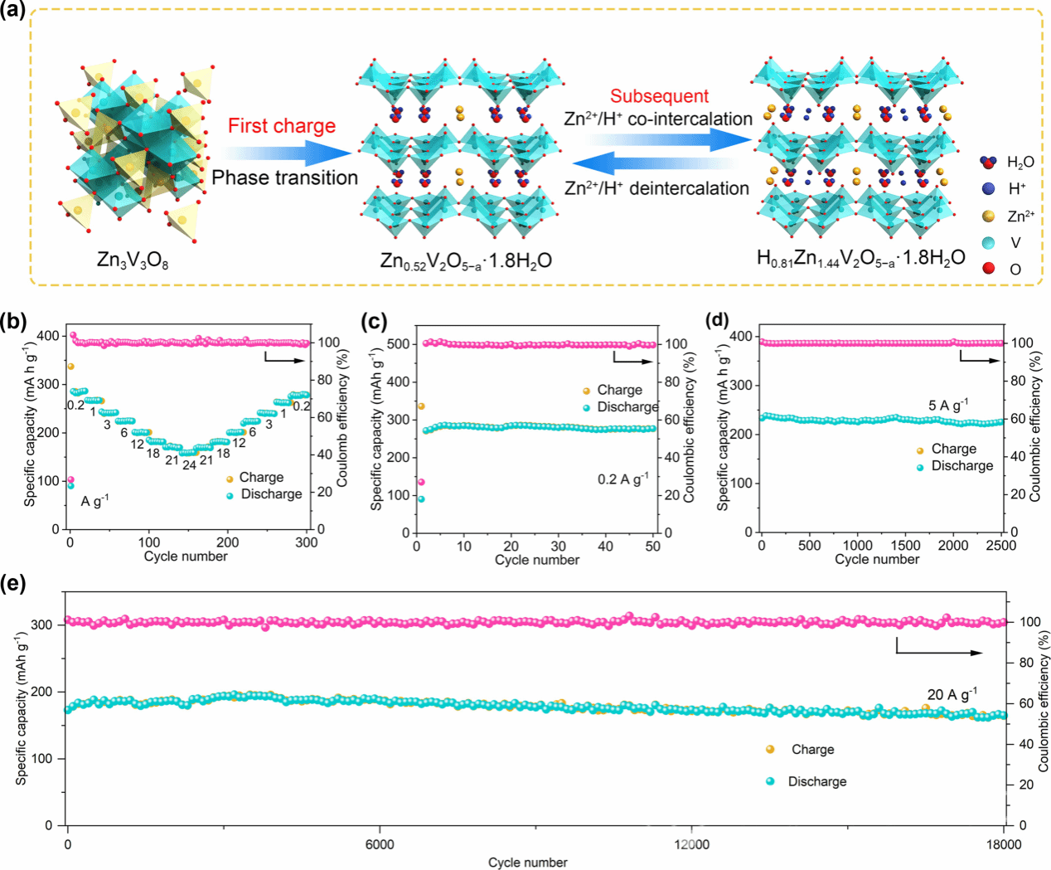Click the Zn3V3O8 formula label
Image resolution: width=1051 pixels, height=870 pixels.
click(133, 261)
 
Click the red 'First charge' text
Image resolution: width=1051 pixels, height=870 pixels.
click(282, 126)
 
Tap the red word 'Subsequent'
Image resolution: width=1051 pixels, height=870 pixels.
click(660, 96)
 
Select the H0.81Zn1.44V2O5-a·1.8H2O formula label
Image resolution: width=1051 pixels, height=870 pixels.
click(860, 258)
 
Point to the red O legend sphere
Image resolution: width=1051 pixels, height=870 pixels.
click(988, 269)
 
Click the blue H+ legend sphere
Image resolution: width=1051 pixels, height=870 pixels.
click(988, 188)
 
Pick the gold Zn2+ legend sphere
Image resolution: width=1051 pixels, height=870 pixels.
click(988, 216)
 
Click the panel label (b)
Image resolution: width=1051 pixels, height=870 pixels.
click(13, 322)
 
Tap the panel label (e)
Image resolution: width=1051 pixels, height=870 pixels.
click(13, 583)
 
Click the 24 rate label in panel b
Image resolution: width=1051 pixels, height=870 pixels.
click(189, 465)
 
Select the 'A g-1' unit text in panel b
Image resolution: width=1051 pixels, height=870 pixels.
click(94, 501)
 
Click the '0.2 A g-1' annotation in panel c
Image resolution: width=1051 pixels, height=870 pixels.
click(623, 479)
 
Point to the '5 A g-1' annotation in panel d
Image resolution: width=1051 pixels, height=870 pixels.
click(948, 406)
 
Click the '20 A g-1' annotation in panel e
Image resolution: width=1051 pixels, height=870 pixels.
click(952, 694)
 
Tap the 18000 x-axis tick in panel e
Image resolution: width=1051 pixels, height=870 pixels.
click(1004, 845)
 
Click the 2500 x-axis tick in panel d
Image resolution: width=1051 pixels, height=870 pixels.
click(1001, 546)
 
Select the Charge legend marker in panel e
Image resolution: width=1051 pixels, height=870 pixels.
click(770, 749)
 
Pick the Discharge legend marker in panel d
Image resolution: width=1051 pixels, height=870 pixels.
click(920, 467)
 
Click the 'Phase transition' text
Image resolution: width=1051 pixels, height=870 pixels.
click(284, 178)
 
